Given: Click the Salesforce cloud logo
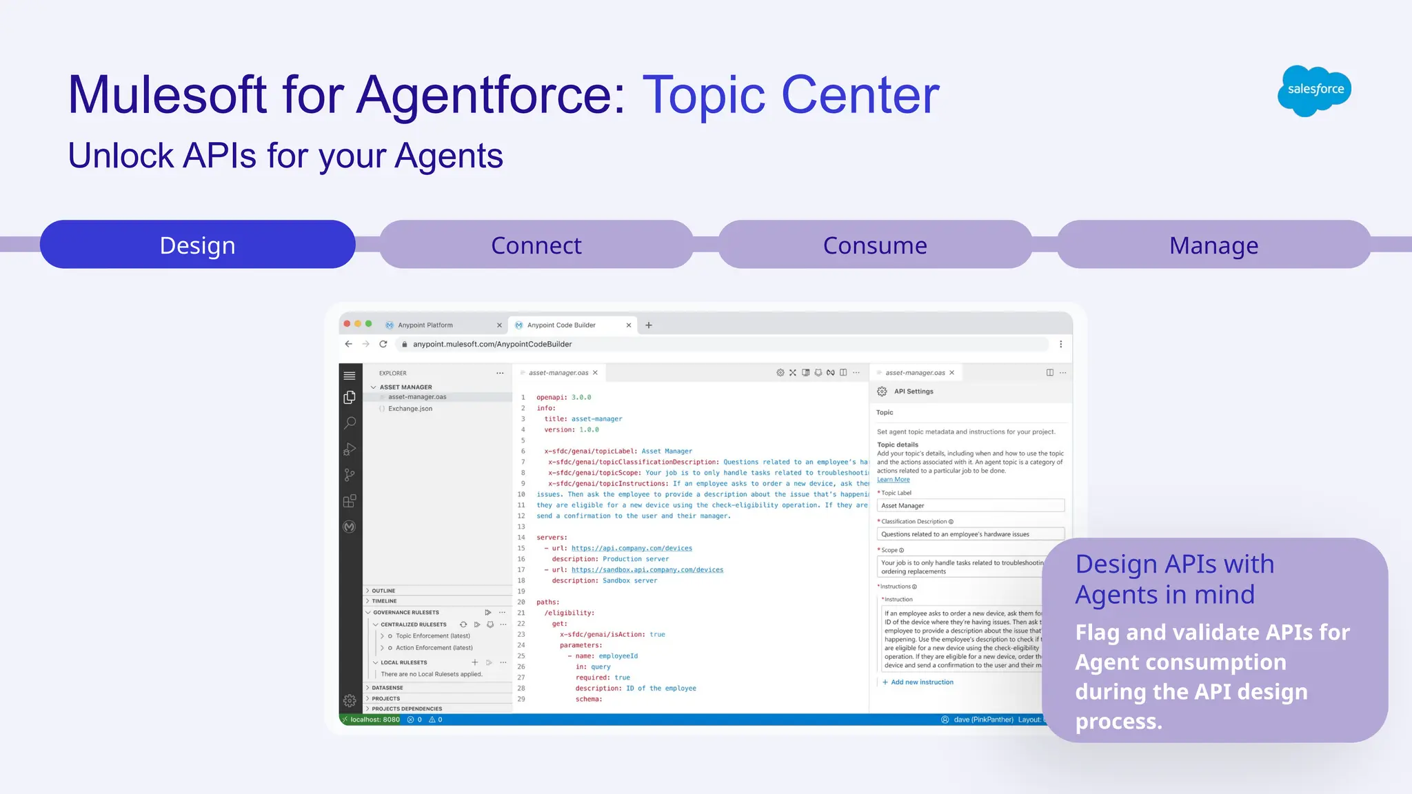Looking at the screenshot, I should coord(1314,90).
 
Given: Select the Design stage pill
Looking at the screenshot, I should coord(198,245).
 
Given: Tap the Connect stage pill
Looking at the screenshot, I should coord(536,245).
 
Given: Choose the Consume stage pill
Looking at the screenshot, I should coord(875,245).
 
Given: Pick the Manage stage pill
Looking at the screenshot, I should coord(1213,245).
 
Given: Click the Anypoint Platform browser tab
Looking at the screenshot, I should coord(425,325).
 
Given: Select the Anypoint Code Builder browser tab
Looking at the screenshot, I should coord(561,325).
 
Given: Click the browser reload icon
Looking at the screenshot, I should coord(383,344).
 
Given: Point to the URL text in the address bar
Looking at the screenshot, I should coord(492,344).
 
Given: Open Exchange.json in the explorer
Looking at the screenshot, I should coord(410,409).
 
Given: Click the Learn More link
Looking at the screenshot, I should coord(893,480).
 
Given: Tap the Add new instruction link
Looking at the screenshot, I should coord(922,682).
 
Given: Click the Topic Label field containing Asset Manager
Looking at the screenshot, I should coord(970,505).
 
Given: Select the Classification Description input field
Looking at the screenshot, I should coord(970,534).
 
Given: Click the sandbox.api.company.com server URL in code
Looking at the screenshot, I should coord(647,570).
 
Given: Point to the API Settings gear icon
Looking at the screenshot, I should coord(882,391).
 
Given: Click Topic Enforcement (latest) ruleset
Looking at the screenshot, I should coord(432,636).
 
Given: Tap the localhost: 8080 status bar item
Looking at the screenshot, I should coord(374,720).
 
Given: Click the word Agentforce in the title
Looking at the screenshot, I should coord(490,94).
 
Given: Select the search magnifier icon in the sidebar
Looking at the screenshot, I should coord(350,423).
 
